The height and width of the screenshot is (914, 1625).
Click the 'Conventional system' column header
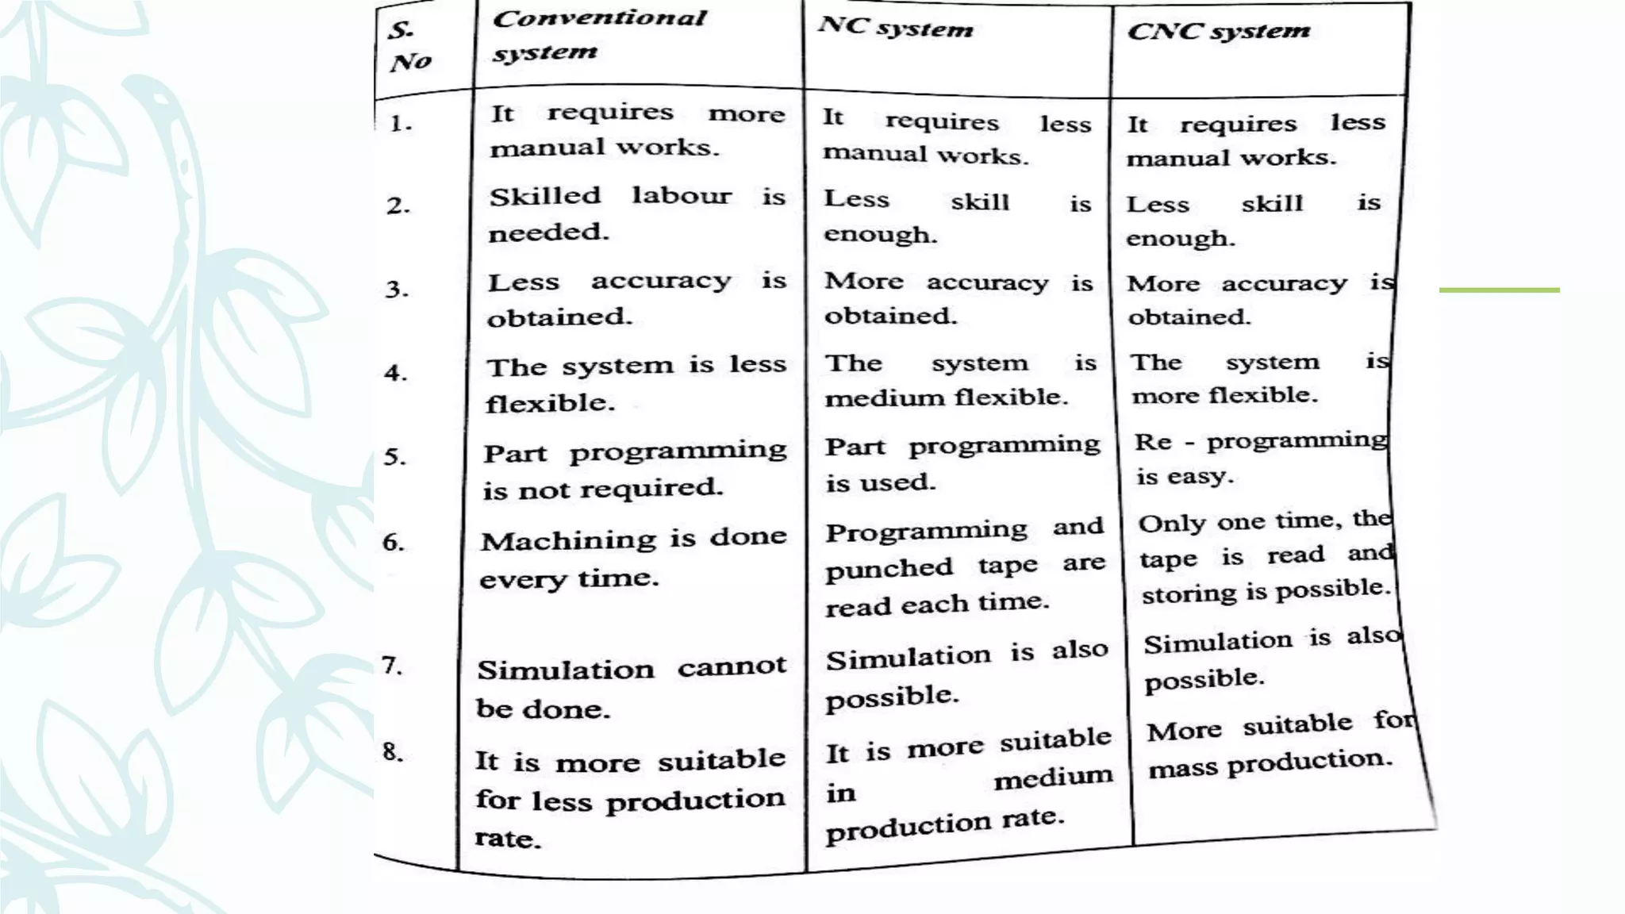(598, 35)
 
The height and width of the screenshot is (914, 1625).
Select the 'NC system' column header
(896, 28)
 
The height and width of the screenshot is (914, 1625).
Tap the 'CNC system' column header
(1219, 32)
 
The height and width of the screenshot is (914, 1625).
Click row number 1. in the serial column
(401, 124)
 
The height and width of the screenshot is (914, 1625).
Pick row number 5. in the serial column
(395, 456)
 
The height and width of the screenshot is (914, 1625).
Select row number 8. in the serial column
(393, 751)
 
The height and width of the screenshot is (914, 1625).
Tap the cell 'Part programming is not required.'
(635, 470)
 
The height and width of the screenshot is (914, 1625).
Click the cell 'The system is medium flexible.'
(960, 379)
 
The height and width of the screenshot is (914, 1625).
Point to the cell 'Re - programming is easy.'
(1260, 458)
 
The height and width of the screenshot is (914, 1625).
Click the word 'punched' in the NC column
(889, 569)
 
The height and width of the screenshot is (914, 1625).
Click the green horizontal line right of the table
(1499, 290)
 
